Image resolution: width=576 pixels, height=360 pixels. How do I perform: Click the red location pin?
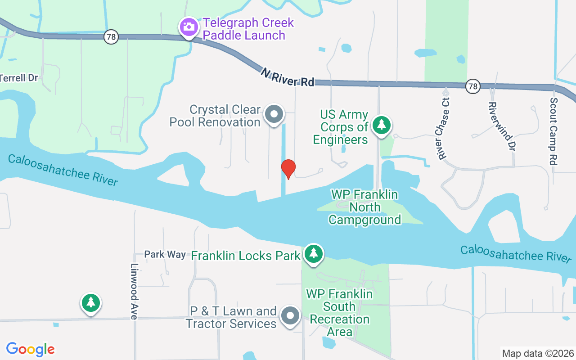pyautogui.click(x=288, y=169)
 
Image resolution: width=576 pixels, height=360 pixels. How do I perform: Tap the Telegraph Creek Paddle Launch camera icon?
pyautogui.click(x=189, y=27)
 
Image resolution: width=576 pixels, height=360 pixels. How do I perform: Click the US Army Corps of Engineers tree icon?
pyautogui.click(x=382, y=125)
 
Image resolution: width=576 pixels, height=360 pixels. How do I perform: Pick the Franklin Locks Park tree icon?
pyautogui.click(x=313, y=254)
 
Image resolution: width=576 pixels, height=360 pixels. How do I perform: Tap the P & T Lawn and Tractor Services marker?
pyautogui.click(x=290, y=316)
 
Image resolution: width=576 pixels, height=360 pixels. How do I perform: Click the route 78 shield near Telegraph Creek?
pyautogui.click(x=111, y=37)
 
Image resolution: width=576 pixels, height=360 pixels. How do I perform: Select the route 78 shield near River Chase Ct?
pyautogui.click(x=473, y=86)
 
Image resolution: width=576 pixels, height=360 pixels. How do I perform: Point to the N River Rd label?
pyautogui.click(x=287, y=77)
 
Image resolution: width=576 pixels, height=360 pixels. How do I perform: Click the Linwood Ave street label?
pyautogui.click(x=134, y=292)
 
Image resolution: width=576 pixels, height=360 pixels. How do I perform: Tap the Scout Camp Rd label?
pyautogui.click(x=553, y=131)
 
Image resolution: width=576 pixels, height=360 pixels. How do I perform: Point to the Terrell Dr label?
pyautogui.click(x=19, y=77)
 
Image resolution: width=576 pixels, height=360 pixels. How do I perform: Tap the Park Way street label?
pyautogui.click(x=165, y=254)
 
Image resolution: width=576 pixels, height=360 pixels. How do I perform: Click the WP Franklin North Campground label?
pyautogui.click(x=364, y=207)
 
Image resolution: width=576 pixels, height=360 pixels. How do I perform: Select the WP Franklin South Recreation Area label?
pyautogui.click(x=340, y=313)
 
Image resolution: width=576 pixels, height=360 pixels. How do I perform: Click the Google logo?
pyautogui.click(x=30, y=349)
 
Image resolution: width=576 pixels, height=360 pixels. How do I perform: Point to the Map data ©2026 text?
pyautogui.click(x=538, y=353)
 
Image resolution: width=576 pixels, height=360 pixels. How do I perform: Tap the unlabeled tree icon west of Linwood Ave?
pyautogui.click(x=91, y=302)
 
